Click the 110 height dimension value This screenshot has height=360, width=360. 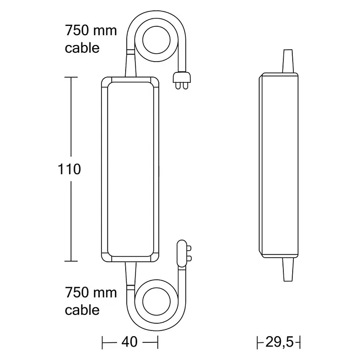click(69, 169)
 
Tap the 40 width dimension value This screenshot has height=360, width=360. click(129, 342)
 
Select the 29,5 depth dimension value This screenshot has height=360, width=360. click(279, 342)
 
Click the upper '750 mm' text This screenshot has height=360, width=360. click(91, 31)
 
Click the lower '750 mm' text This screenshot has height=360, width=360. click(91, 293)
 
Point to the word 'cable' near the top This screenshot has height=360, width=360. click(82, 48)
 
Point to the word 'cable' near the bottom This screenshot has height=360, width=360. click(82, 310)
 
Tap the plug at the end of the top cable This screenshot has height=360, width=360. click(182, 81)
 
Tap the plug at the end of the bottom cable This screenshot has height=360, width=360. click(184, 253)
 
